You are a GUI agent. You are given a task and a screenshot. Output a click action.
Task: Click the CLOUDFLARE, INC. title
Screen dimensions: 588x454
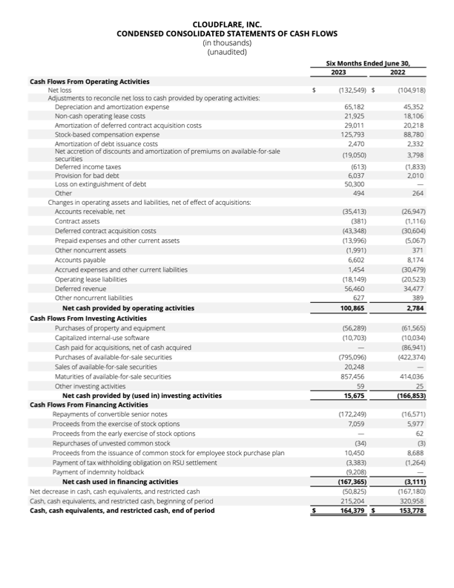(226, 24)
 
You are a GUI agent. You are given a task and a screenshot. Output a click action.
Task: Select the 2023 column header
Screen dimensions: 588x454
(338, 73)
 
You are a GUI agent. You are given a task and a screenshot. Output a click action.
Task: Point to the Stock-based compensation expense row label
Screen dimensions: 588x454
(107, 135)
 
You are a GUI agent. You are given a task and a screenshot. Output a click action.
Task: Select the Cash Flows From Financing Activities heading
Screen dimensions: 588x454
(88, 405)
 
